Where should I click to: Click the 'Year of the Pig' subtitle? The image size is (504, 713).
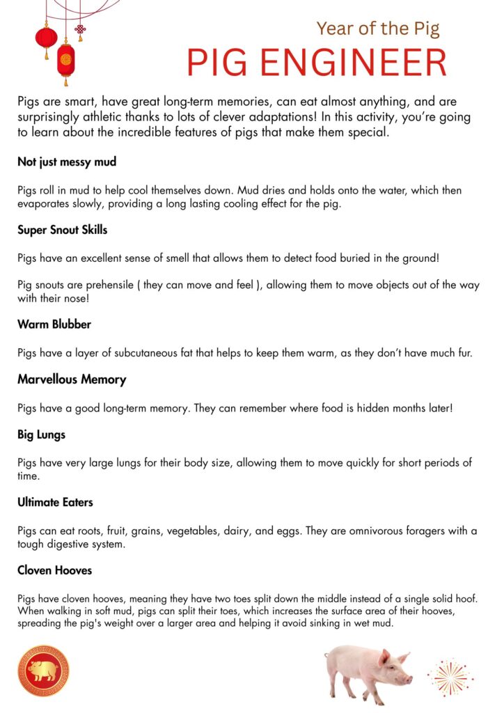click(378, 29)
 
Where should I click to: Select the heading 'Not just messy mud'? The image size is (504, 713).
click(67, 162)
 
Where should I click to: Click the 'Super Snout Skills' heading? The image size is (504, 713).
click(63, 229)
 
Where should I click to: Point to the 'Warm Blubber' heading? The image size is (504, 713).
click(54, 324)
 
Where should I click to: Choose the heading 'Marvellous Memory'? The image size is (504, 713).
click(72, 379)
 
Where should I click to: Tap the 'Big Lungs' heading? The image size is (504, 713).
click(42, 434)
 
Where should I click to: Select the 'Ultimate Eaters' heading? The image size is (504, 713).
click(55, 502)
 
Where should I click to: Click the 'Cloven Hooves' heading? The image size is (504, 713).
click(54, 570)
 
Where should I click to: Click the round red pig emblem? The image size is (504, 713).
click(43, 671)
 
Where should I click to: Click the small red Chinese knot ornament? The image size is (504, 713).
click(80, 29)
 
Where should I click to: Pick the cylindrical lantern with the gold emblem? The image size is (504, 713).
click(66, 60)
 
